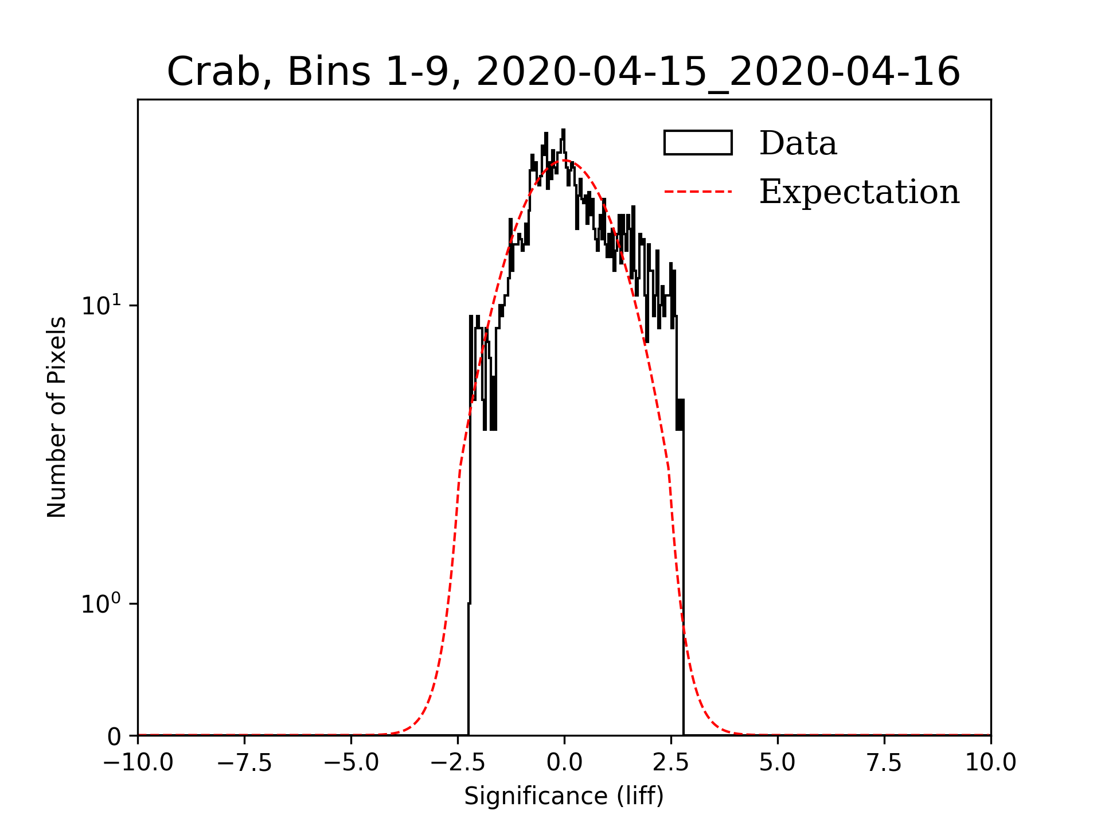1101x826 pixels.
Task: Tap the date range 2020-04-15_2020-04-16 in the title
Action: click(x=718, y=73)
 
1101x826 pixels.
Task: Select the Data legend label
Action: click(x=798, y=143)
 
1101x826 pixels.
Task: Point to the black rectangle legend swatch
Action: click(x=698, y=143)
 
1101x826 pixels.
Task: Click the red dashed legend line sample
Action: click(x=698, y=192)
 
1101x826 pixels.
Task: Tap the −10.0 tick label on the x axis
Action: click(x=138, y=763)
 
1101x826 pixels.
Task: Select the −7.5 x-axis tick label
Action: click(x=245, y=763)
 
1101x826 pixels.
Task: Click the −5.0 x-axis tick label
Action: click(x=351, y=763)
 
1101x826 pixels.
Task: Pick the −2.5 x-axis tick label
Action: click(x=458, y=763)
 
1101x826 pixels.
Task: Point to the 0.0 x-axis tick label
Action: click(x=564, y=763)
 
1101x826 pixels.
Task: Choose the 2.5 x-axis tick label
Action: click(x=671, y=763)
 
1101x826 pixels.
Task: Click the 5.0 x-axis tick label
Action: click(x=778, y=763)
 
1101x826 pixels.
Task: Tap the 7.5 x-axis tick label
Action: click(x=884, y=763)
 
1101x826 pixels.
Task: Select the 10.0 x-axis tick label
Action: click(x=990, y=763)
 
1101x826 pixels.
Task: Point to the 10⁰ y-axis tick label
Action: click(x=101, y=603)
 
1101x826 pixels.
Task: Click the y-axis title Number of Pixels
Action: click(x=57, y=417)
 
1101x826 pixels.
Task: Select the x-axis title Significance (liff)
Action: click(x=564, y=797)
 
